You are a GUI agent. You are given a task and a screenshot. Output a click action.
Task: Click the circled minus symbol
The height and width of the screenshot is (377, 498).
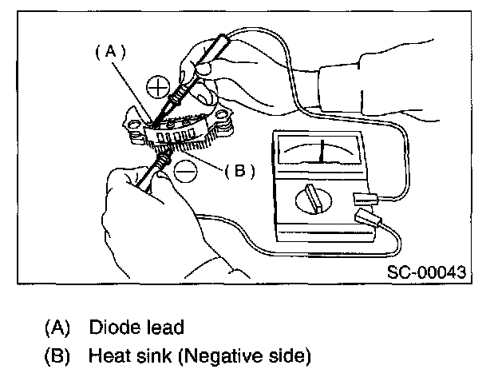point(184,170)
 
